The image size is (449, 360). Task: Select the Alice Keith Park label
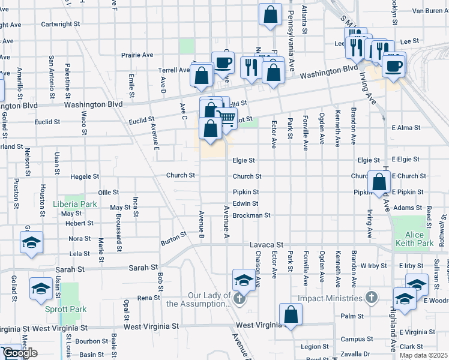(414, 239)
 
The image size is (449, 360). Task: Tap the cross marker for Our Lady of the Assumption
(240, 298)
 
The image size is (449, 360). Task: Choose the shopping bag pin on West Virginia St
(291, 314)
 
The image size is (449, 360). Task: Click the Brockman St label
(252, 215)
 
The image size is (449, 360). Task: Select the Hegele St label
(84, 176)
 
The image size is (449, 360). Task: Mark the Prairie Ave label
(139, 55)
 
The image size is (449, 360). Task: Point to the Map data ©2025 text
(423, 355)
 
